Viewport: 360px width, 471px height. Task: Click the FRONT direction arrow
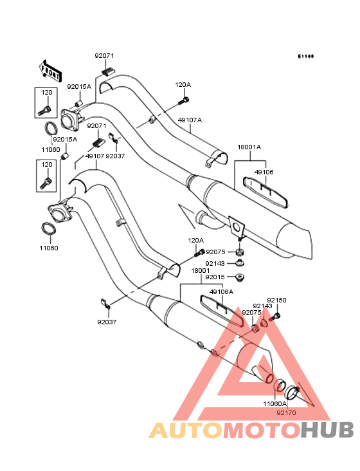(x=51, y=71)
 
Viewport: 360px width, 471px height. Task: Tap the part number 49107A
(x=190, y=120)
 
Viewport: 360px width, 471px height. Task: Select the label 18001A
(x=249, y=147)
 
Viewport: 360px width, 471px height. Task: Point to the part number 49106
(x=264, y=172)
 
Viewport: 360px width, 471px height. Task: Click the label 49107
(x=94, y=156)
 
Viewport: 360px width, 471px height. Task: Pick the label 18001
(x=201, y=271)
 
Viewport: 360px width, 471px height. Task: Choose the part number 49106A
(x=221, y=291)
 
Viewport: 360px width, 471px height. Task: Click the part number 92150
(x=276, y=300)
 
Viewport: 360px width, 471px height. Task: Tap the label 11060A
(x=274, y=403)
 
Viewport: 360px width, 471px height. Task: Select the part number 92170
(x=286, y=412)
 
